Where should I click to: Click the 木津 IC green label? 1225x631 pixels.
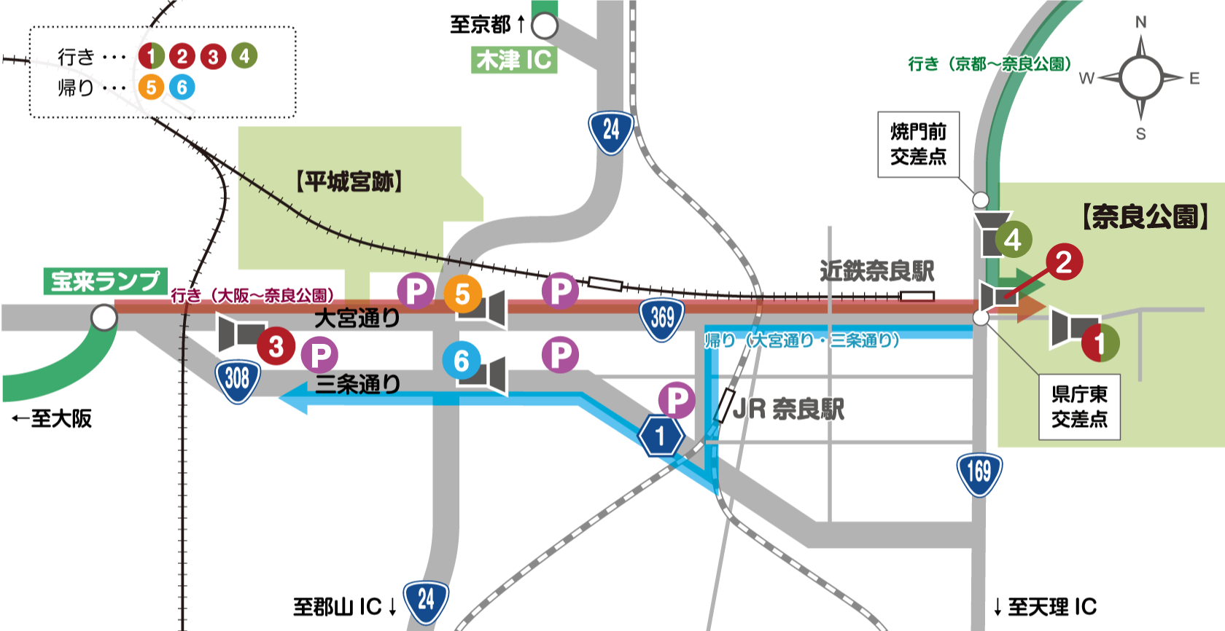point(514,60)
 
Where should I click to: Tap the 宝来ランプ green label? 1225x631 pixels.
point(105,281)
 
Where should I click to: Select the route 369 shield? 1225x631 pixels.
point(662,318)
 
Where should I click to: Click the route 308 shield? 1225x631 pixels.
point(237,379)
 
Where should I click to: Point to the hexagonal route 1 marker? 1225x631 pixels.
point(661,436)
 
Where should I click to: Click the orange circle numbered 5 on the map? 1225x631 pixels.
point(462,294)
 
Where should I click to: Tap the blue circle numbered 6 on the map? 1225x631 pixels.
point(462,361)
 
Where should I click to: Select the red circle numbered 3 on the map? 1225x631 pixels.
point(276,346)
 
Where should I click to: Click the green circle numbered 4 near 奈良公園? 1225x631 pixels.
point(1013,240)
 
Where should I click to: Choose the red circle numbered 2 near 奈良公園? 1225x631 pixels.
point(1064,262)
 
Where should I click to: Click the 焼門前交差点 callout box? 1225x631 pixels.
point(918,144)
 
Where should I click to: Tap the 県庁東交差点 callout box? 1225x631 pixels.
point(1079,407)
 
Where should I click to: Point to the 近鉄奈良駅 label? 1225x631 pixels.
point(876,271)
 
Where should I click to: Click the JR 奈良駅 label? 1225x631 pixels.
point(788,409)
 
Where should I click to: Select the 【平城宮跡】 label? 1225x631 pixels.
point(349,181)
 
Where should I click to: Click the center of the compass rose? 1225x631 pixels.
point(1140,77)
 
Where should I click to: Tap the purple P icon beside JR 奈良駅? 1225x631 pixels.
point(677,400)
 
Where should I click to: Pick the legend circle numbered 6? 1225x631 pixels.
point(182,87)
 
